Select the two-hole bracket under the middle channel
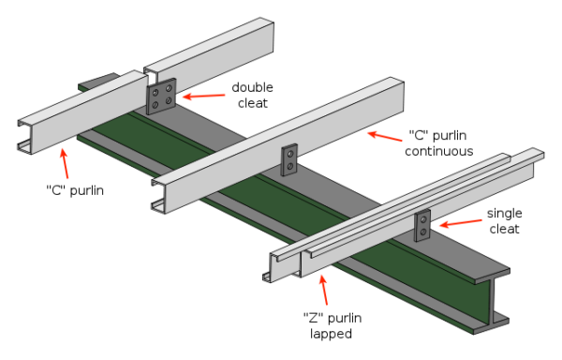coord(289,160)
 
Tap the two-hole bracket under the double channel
coord(423,225)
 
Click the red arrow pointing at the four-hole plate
coord(203,96)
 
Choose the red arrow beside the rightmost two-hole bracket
coord(461,222)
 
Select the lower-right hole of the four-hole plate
coord(169,100)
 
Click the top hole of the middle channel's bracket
coord(289,154)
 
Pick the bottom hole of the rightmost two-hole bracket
coord(423,231)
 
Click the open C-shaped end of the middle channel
coord(160,194)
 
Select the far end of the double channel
coord(535,157)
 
